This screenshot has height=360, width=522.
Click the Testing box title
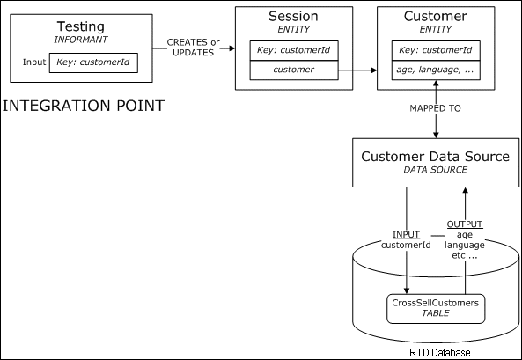point(80,27)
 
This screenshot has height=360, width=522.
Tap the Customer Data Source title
point(436,157)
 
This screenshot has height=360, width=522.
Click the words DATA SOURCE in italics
point(436,172)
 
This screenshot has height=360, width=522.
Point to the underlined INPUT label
point(407,236)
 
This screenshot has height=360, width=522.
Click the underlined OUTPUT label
point(466,224)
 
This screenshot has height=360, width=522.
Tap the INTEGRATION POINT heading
point(85,107)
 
